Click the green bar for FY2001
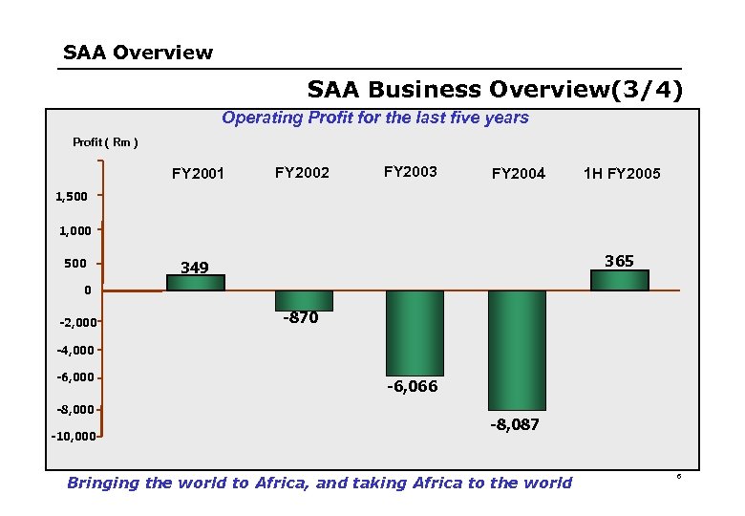(195, 283)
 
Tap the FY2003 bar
(415, 333)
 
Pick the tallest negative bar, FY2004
(517, 350)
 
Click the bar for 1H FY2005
(619, 280)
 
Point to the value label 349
(195, 268)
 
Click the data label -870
(300, 318)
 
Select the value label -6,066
(413, 386)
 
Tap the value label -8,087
(516, 424)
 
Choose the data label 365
(619, 261)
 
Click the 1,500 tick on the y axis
(72, 197)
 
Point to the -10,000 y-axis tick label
(73, 437)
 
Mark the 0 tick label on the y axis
(86, 290)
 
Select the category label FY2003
(410, 172)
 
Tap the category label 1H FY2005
(622, 174)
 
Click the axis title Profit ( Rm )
(105, 142)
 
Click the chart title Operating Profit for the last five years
(374, 118)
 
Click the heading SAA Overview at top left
(138, 53)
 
